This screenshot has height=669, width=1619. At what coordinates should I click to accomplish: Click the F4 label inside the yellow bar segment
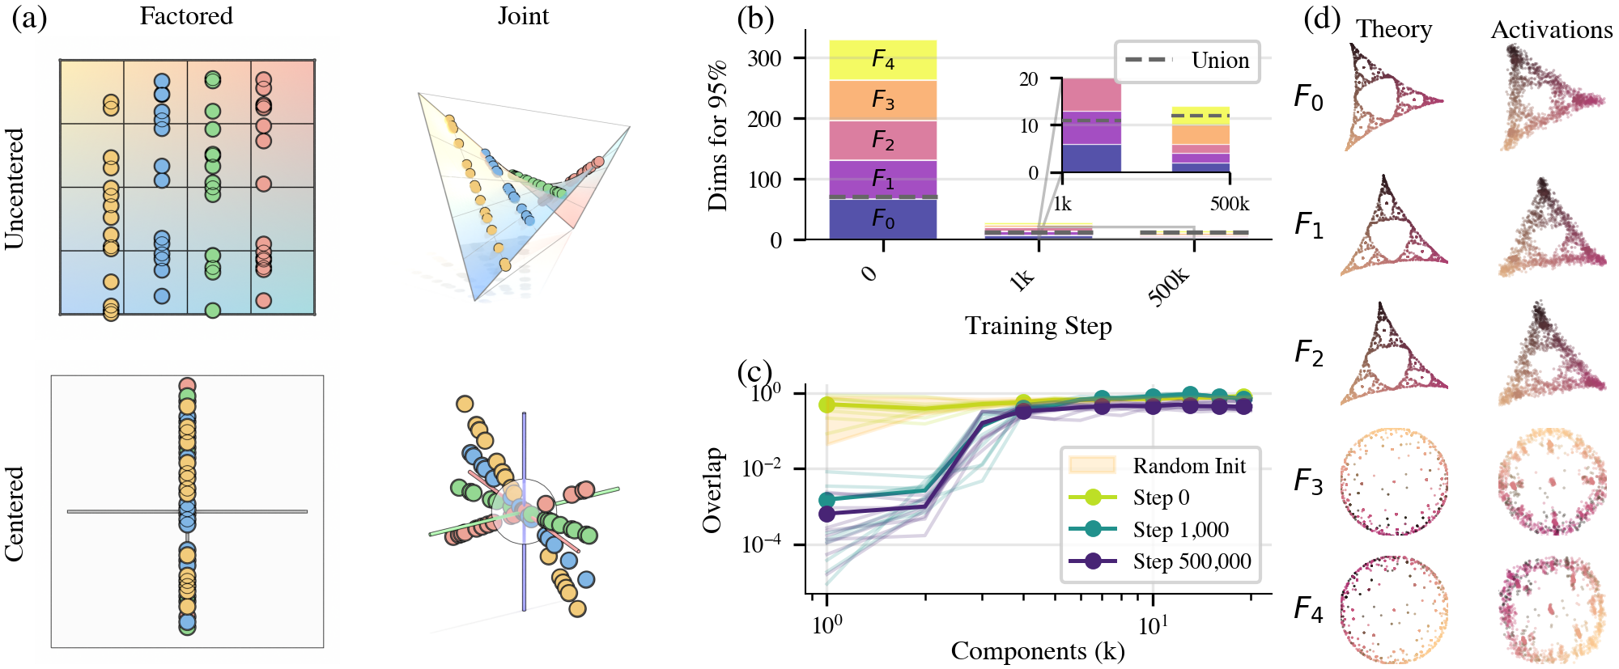[882, 60]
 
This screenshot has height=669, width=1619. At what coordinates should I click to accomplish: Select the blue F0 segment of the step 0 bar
[882, 219]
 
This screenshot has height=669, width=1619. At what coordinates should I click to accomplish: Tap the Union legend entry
[1188, 61]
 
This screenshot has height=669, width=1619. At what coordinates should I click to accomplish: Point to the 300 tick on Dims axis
[764, 58]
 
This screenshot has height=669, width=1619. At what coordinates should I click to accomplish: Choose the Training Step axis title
[1038, 326]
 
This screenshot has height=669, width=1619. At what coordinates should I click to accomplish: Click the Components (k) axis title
[1038, 651]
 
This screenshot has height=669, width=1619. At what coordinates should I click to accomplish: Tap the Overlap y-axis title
[712, 490]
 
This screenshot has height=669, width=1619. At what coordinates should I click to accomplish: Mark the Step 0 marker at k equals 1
[826, 404]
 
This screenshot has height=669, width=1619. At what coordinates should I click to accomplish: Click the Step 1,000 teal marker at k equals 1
[826, 500]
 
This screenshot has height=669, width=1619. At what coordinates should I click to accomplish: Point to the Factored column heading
[186, 16]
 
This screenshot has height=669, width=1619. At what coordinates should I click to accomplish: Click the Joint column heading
[523, 16]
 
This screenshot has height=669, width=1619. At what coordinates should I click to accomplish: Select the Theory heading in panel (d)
[1394, 29]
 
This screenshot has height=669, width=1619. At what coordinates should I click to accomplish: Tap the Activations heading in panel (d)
[1552, 30]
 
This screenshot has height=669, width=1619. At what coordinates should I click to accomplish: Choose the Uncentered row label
[15, 188]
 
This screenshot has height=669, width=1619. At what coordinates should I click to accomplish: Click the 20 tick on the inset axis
[1028, 79]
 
